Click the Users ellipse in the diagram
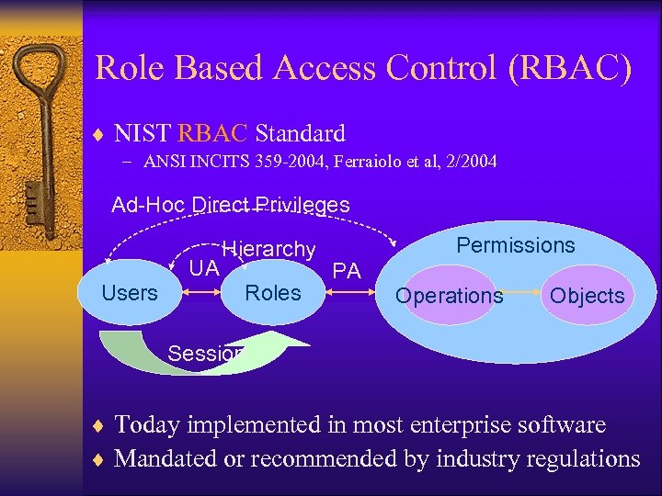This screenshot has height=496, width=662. (x=130, y=293)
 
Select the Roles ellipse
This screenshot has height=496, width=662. (x=273, y=293)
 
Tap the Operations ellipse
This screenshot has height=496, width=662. (x=450, y=296)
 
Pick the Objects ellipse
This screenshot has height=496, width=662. (x=588, y=296)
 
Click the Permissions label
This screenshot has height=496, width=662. (x=516, y=245)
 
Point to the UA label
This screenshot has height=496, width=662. (x=203, y=268)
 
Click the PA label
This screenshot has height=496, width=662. (x=347, y=270)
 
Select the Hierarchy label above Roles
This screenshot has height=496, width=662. (x=269, y=249)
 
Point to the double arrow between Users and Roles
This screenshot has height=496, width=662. (x=201, y=294)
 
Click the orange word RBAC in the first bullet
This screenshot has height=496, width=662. (x=212, y=133)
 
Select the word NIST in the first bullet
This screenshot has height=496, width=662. (x=142, y=133)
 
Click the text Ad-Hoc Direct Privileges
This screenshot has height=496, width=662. (x=230, y=205)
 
